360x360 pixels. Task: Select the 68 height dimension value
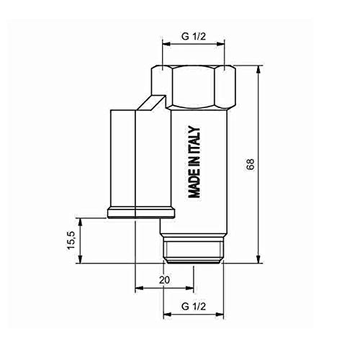(250, 164)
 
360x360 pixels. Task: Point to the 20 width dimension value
(163, 279)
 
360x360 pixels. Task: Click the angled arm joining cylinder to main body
(155, 102)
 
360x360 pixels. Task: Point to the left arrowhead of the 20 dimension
(138, 289)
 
